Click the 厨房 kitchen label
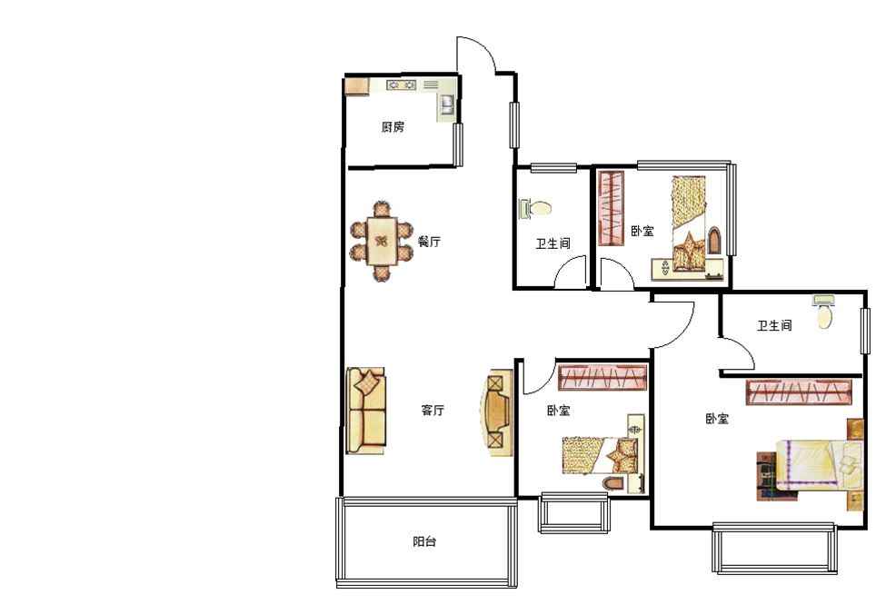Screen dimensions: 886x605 click(x=393, y=126)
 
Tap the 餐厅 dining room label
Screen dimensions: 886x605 click(x=430, y=242)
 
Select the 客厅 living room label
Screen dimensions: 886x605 click(x=433, y=410)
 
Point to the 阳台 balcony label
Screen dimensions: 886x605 click(x=424, y=541)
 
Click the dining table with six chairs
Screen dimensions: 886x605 click(x=382, y=242)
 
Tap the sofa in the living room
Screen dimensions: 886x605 click(x=366, y=411)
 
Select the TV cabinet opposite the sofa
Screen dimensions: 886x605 click(x=500, y=412)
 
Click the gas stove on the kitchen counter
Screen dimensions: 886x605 click(x=401, y=85)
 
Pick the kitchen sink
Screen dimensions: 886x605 click(x=447, y=104)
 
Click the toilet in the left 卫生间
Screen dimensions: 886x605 click(x=535, y=208)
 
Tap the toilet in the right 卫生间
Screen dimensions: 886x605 click(x=825, y=312)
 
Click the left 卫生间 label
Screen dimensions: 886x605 click(x=553, y=243)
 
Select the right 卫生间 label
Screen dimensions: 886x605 click(x=775, y=325)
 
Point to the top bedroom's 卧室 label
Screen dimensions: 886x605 click(x=642, y=231)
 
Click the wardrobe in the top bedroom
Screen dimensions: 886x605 click(x=611, y=208)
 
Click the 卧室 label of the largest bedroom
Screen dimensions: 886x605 click(x=717, y=419)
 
